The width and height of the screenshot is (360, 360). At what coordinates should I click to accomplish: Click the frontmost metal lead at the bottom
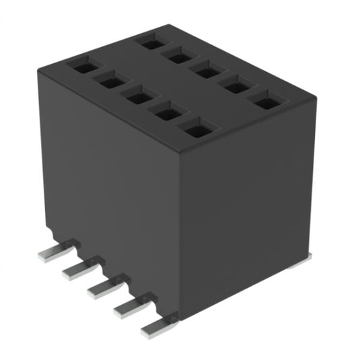click(156, 330)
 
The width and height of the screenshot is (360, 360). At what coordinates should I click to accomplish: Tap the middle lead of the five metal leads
click(102, 287)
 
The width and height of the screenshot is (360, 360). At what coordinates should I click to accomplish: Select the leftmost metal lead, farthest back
click(50, 252)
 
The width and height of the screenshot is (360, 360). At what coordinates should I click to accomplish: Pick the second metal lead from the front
click(129, 309)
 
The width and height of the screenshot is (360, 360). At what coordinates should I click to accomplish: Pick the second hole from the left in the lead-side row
click(110, 81)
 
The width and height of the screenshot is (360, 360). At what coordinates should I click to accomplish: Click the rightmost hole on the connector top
click(266, 100)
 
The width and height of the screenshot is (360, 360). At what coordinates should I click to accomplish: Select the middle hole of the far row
click(205, 69)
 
